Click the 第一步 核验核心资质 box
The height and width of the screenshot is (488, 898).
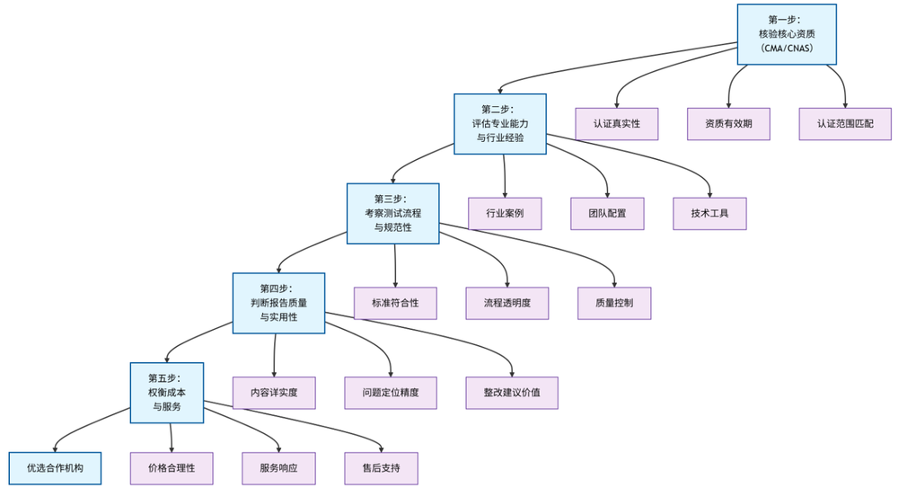point(786,34)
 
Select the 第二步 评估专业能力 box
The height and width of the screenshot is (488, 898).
point(500,124)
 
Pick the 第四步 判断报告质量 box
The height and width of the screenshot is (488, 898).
point(278,303)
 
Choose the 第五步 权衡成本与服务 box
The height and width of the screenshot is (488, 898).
point(166,393)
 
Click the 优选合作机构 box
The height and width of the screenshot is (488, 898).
point(56,467)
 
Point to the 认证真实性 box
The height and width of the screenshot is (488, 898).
point(616,123)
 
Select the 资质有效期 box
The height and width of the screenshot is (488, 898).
point(728,123)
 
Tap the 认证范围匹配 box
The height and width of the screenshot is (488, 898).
point(845,123)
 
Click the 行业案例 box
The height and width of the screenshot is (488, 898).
point(505,213)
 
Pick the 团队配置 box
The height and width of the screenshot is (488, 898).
point(609,213)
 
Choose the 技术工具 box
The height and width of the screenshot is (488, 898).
point(710,213)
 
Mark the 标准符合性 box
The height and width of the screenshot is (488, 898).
point(395,303)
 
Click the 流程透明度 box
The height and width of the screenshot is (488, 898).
point(507,303)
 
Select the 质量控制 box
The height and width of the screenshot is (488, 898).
point(614,303)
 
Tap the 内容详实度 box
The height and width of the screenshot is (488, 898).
point(274,393)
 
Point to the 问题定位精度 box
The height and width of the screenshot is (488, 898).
point(392,393)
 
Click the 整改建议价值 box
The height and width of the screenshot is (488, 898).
point(512,393)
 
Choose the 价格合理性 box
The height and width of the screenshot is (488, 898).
point(172,467)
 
